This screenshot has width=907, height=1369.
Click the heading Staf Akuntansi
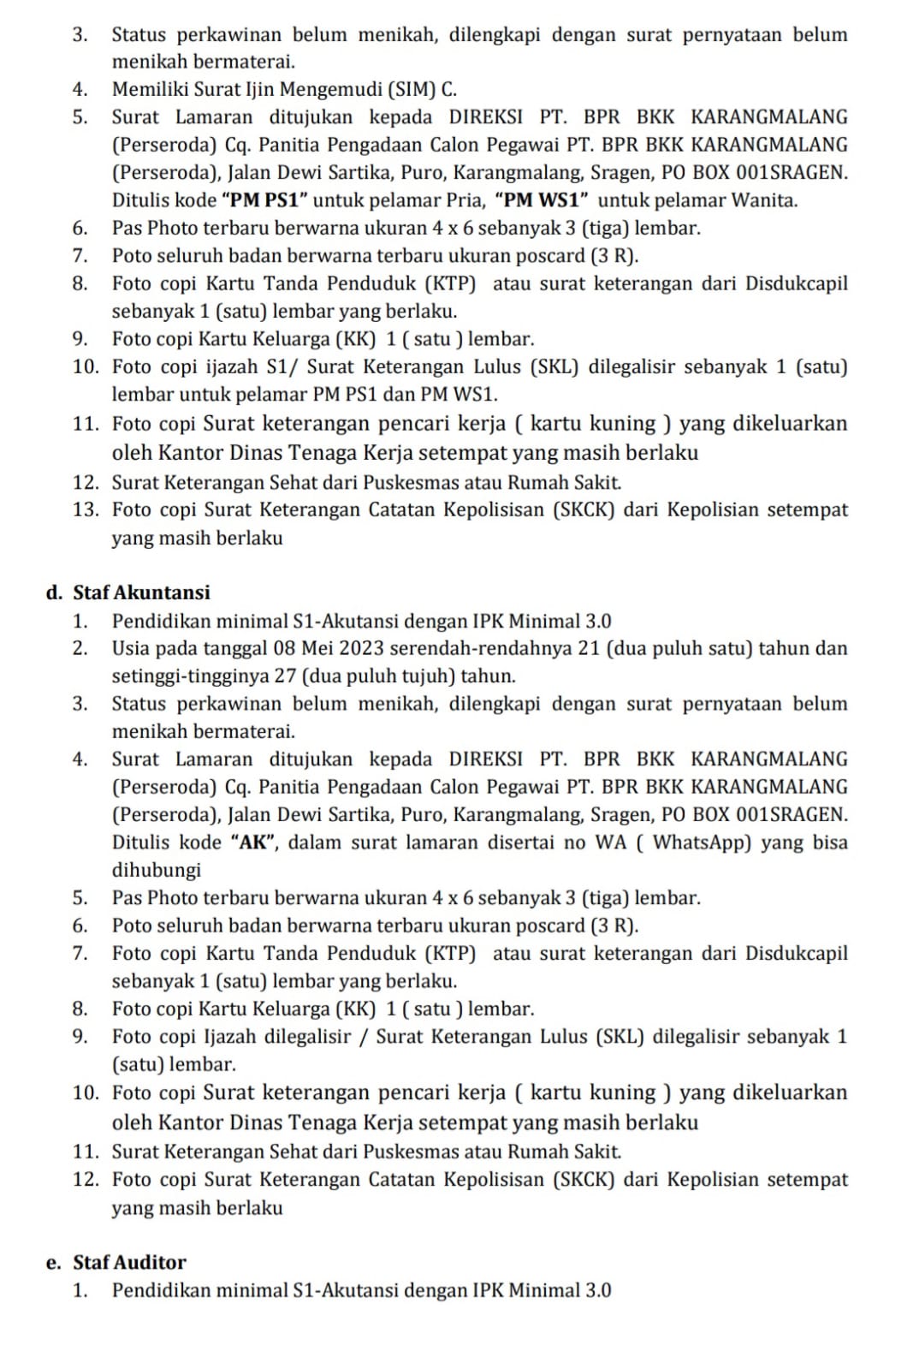coord(141,592)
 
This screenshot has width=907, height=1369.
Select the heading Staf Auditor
coord(129,1262)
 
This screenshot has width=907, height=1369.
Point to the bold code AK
coord(254,842)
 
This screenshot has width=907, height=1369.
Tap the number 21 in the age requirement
coord(589,648)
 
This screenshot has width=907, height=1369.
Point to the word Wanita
coord(768,200)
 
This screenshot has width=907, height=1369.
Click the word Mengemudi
coord(333,89)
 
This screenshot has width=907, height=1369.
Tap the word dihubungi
coord(157,870)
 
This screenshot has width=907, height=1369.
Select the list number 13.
coord(86,509)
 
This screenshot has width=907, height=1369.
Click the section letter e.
coord(53,1263)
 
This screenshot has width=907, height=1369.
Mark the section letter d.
coord(53,593)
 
